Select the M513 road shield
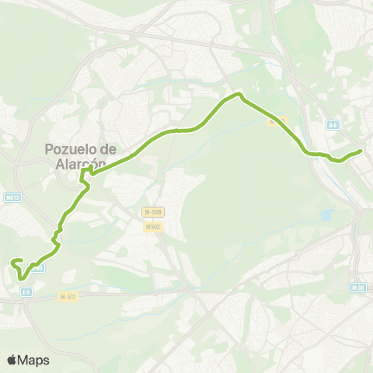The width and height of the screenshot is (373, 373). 11,197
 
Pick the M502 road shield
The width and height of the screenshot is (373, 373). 152,227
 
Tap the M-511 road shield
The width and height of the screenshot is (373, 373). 68,296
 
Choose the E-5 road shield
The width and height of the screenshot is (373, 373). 26,291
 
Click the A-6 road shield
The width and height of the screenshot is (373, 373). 333,124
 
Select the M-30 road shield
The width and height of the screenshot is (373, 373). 357,288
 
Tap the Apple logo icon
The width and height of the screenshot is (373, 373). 12,360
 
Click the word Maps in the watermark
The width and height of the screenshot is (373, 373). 34,360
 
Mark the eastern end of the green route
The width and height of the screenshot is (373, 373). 361,151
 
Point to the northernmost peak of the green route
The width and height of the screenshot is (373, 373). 239,95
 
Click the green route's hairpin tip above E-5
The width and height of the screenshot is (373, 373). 22,278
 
